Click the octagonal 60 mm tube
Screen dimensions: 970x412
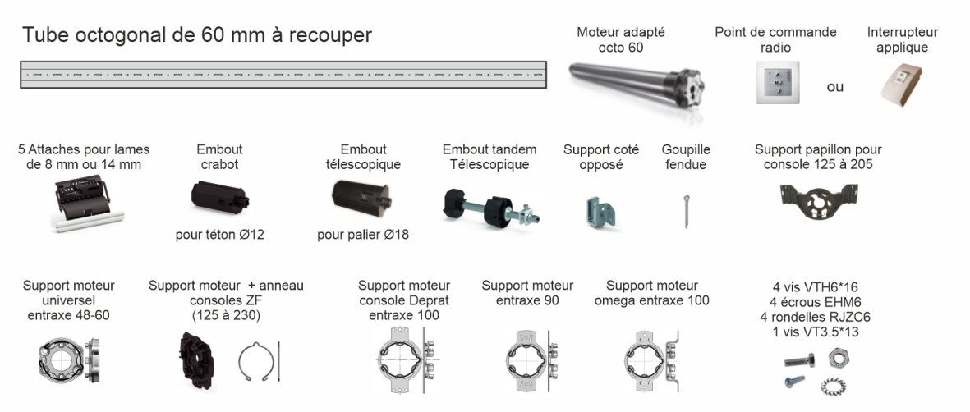(x=283, y=75)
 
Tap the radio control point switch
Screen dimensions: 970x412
(x=777, y=82)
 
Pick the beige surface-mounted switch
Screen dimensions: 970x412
(x=901, y=85)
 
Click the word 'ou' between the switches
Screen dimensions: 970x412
(x=835, y=87)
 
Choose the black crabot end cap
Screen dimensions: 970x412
(x=219, y=197)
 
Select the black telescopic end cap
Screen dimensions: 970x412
(x=361, y=195)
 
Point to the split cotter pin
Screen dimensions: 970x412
(x=687, y=210)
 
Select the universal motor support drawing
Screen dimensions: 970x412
(x=69, y=359)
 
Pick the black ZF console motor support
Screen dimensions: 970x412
(x=197, y=361)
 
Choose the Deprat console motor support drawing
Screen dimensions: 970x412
(x=405, y=359)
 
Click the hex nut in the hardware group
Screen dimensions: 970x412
(x=839, y=357)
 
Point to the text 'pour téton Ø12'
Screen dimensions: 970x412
(x=219, y=235)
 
